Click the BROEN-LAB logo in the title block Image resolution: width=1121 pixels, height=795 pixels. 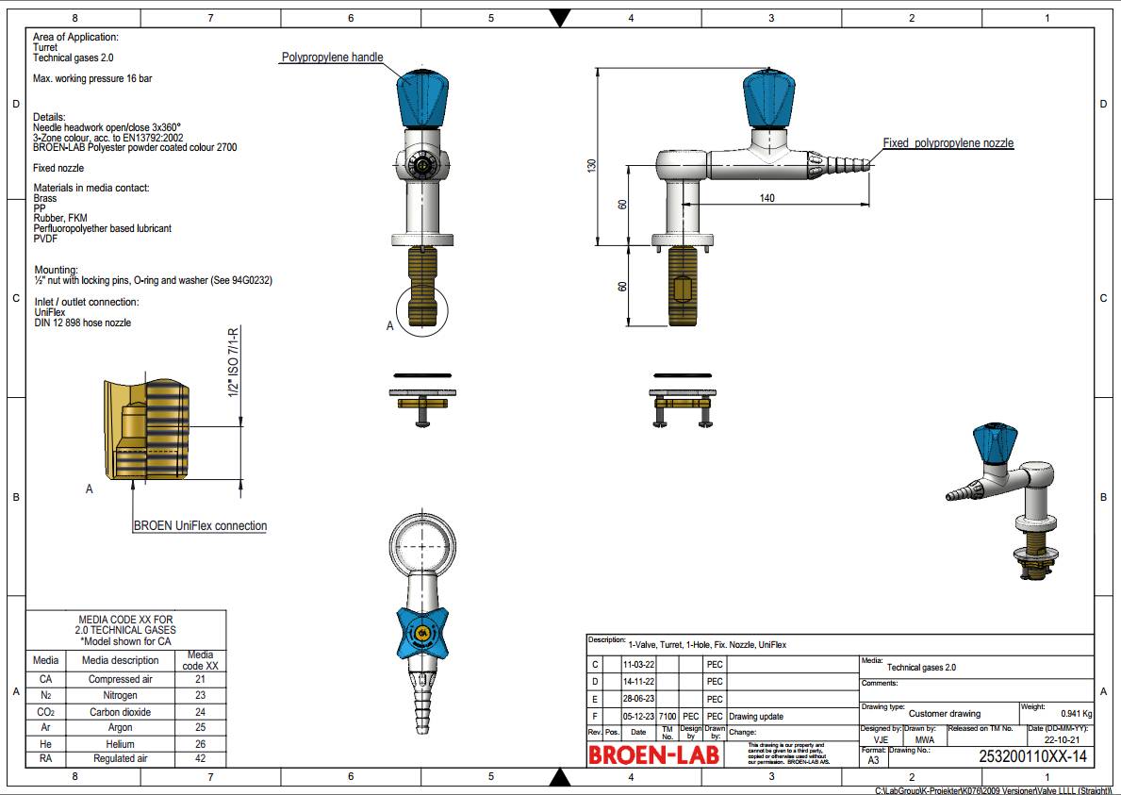654,754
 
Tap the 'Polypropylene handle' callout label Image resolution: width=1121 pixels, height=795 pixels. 332,58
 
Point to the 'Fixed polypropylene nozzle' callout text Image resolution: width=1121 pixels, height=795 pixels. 948,143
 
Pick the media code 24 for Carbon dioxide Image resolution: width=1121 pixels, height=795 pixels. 200,712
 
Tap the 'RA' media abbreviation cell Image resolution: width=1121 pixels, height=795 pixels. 45,758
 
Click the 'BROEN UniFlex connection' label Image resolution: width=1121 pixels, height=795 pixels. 200,526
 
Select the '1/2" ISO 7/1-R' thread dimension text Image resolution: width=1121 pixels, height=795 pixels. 233,362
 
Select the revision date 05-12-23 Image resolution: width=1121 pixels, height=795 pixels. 638,717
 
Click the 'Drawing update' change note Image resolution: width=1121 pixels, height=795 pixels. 755,717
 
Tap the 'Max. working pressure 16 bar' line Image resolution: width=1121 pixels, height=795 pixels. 92,79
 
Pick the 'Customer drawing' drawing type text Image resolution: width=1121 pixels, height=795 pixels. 944,714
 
